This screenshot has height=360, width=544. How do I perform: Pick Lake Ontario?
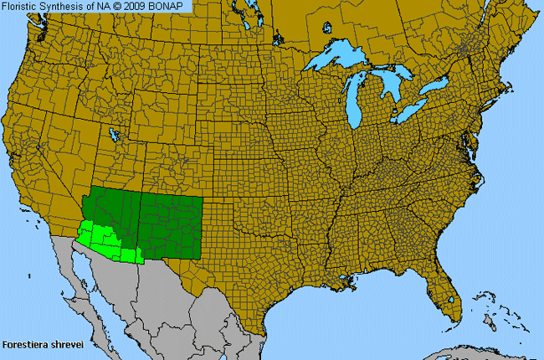[434, 85]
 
